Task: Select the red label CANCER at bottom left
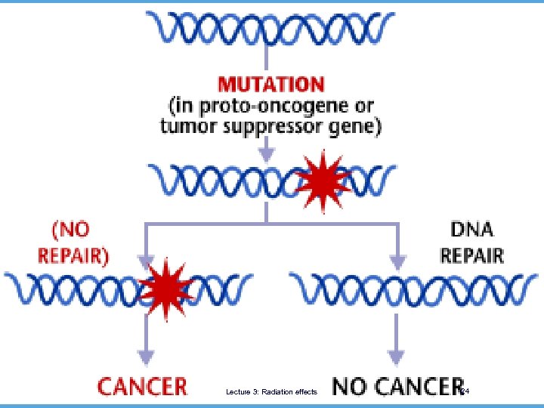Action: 142,386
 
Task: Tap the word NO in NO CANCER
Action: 352,386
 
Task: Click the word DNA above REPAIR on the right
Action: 474,227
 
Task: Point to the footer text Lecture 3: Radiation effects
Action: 271,391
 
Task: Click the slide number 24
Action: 465,391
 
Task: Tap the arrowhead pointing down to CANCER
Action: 145,355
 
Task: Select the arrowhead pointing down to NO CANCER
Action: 395,355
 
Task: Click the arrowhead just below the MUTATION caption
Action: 266,153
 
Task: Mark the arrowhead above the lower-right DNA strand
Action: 395,262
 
